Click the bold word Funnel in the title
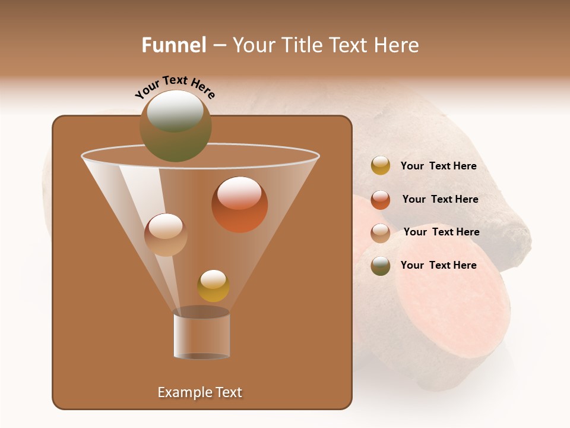(173, 45)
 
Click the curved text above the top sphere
(175, 87)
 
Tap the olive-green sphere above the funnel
(175, 126)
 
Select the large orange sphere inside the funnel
(239, 204)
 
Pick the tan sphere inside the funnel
(166, 235)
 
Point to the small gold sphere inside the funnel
(213, 286)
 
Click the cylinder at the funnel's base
(201, 334)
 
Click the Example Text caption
(199, 392)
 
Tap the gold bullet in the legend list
(380, 166)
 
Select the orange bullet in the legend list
(380, 200)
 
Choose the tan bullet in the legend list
(380, 233)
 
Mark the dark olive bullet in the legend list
(380, 266)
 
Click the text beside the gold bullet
(438, 166)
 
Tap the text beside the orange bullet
(440, 200)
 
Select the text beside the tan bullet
(441, 232)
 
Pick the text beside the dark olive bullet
(438, 265)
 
